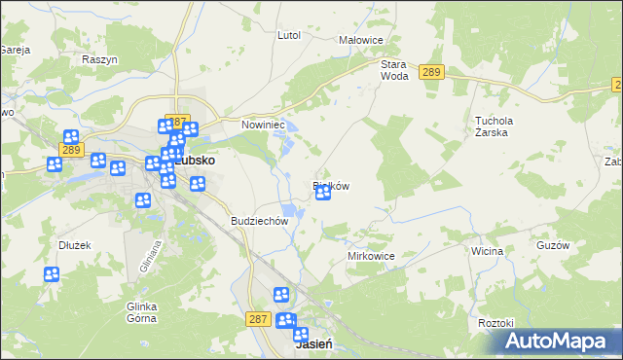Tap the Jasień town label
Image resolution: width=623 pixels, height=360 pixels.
tap(314, 344)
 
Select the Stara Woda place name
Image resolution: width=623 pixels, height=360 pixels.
tap(393, 69)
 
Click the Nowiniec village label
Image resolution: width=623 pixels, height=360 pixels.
tap(262, 125)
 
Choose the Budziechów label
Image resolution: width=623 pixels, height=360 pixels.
tap(260, 221)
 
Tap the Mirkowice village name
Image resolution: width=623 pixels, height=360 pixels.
tap(371, 256)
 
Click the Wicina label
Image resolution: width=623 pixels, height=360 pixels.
tap(487, 251)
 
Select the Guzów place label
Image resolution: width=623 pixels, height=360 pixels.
tap(552, 246)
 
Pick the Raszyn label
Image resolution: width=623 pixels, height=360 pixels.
tap(99, 59)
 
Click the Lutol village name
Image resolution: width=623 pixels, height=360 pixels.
tap(289, 35)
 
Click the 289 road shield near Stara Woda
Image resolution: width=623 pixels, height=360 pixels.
tap(432, 72)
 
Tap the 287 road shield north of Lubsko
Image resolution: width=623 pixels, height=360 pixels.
tap(176, 121)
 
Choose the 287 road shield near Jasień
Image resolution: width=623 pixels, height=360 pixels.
tap(258, 318)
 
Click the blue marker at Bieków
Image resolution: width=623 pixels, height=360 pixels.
tap(322, 194)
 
